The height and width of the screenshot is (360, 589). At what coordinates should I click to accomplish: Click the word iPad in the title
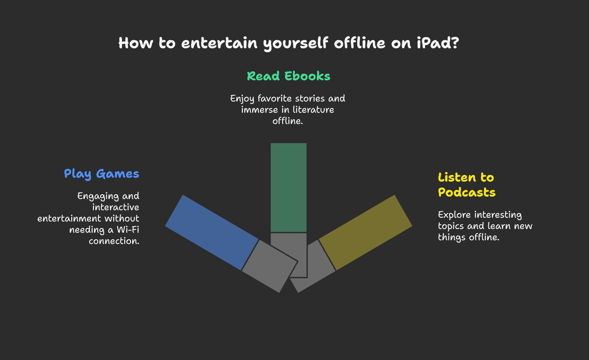(x=438, y=43)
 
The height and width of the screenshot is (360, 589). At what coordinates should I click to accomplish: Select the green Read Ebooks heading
(x=288, y=76)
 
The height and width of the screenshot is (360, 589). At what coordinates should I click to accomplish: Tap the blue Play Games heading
(x=101, y=174)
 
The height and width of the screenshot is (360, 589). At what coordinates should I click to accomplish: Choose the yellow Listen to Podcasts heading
(x=466, y=185)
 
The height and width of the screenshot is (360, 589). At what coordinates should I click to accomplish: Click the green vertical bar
(x=288, y=188)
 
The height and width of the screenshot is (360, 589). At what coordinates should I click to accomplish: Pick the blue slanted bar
(x=212, y=232)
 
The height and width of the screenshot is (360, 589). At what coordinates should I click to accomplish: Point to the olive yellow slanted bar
(x=365, y=232)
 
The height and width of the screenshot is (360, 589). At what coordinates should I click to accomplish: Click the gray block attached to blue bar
(x=269, y=266)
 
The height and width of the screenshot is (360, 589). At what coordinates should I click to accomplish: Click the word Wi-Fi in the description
(x=128, y=230)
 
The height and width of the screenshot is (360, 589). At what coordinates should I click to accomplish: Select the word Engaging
(x=98, y=196)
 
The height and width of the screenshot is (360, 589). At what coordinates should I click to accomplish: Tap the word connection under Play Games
(x=114, y=241)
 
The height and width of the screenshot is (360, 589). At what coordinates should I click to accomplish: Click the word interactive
(x=116, y=207)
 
